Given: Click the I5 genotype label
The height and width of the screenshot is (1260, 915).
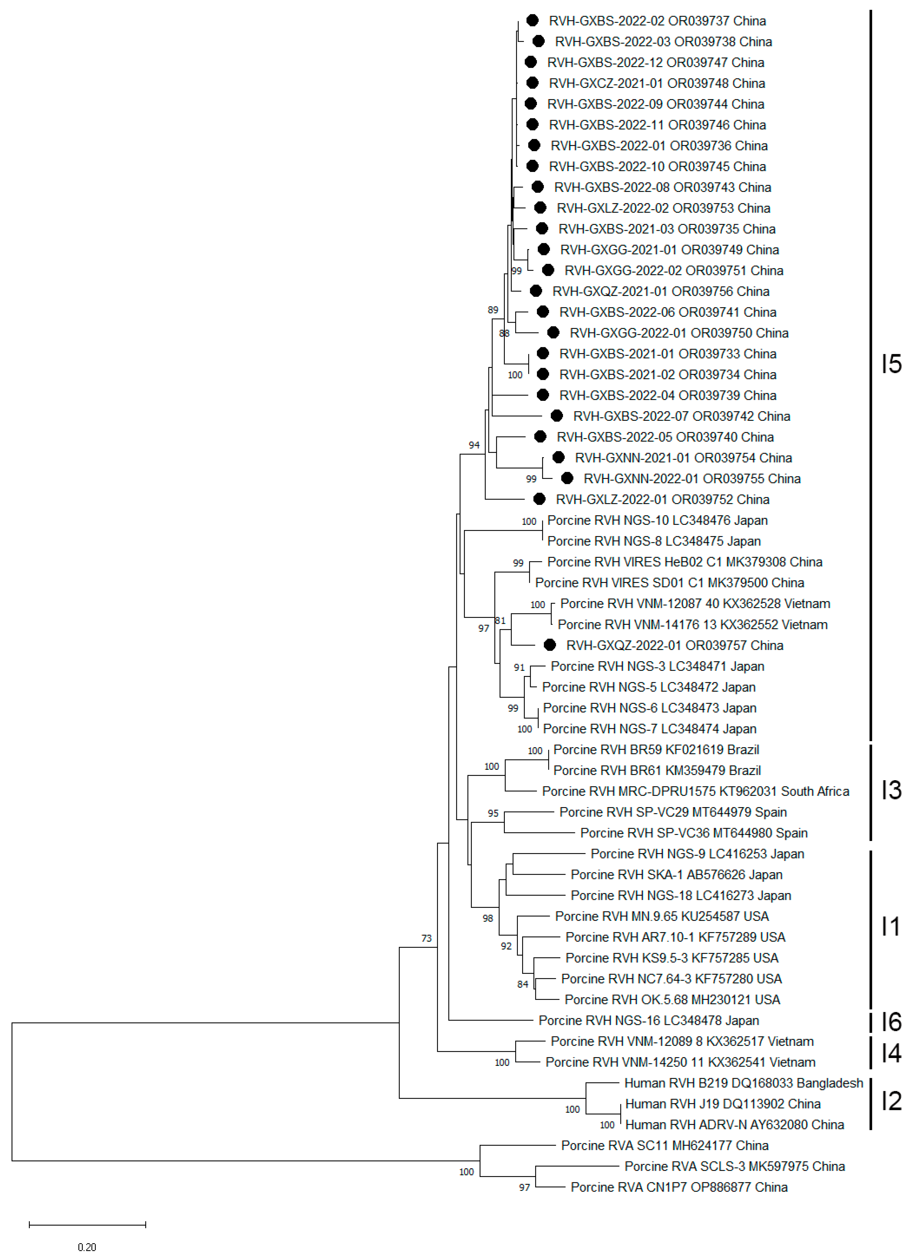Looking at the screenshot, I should (891, 364).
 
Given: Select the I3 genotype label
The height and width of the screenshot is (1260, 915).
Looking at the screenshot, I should (891, 790).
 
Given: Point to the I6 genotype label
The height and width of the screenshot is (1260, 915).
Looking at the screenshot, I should (891, 1021).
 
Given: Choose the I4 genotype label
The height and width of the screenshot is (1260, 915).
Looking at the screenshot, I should (891, 1052).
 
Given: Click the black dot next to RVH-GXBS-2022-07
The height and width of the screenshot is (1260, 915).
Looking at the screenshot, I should (556, 416).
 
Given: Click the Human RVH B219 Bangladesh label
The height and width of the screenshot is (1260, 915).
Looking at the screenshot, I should (743, 1083).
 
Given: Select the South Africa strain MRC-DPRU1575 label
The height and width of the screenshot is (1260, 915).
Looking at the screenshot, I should (696, 791).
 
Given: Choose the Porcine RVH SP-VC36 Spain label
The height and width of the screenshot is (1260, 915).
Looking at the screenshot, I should (694, 833).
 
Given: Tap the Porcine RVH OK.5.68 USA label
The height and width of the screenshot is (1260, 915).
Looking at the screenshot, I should (672, 1000).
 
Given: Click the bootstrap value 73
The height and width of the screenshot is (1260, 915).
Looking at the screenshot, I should (426, 938).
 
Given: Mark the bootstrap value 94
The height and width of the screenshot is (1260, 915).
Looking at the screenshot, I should (474, 445).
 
